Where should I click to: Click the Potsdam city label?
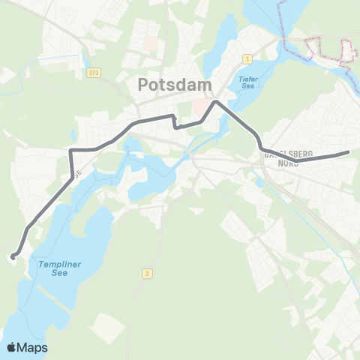tap(175, 85)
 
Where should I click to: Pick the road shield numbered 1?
tap(247, 58)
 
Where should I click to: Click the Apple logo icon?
tap(11, 347)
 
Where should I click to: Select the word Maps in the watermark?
tap(33, 347)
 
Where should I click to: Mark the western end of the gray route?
tap(13, 257)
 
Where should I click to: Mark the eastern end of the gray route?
tap(349, 153)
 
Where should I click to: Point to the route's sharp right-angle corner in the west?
tap(71, 151)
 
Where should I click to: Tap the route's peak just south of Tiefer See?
tap(216, 101)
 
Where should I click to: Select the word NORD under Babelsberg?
tap(289, 163)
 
